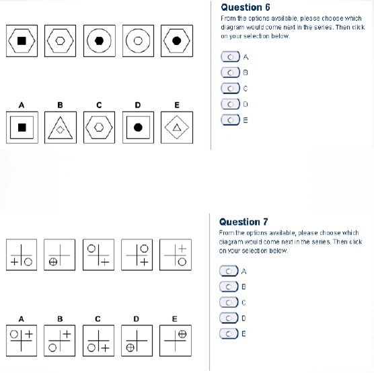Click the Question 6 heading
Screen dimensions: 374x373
(246, 7)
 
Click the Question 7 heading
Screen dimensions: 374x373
(244, 222)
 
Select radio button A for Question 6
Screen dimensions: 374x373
(231, 57)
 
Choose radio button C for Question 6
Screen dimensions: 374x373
(231, 89)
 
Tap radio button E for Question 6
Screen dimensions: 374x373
(231, 120)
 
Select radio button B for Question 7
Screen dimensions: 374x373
(229, 287)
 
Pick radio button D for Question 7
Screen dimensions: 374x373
(229, 318)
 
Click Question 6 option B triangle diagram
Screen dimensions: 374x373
(61, 128)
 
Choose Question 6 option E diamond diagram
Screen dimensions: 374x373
(177, 128)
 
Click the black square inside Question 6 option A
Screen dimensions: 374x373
(22, 128)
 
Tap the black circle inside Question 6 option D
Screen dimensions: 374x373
(138, 128)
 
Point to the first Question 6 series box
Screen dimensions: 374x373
(22, 41)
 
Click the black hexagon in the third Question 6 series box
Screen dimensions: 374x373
(99, 41)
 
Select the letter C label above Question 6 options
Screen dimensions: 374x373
(99, 105)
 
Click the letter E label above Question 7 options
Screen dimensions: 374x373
(175, 319)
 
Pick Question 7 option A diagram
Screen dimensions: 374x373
(22, 341)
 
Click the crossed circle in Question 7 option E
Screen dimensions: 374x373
(182, 334)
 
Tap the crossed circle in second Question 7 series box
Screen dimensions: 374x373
(53, 262)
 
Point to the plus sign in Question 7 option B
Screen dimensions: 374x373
(67, 334)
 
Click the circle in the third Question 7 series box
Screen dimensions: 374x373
(91, 249)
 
